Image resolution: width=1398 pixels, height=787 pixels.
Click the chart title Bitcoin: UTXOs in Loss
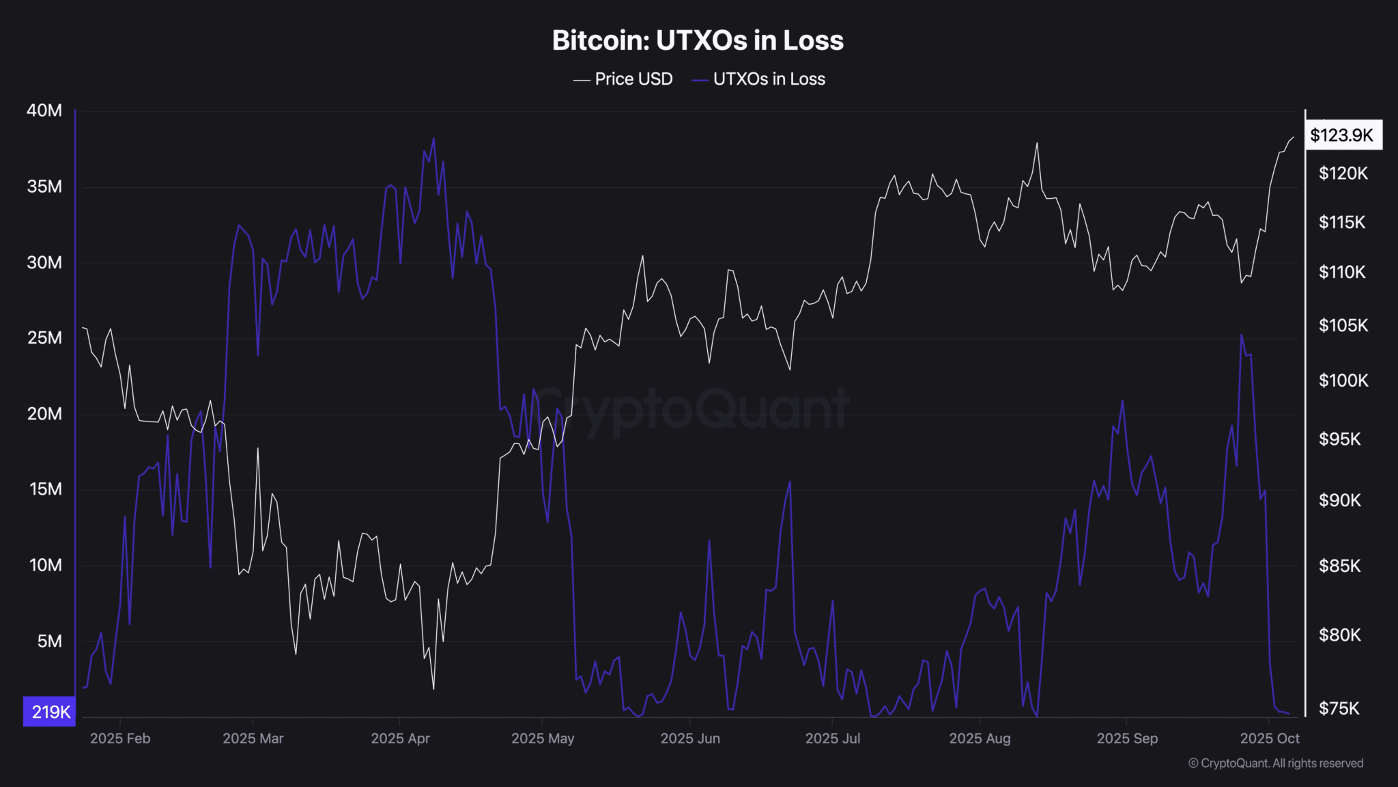(698, 40)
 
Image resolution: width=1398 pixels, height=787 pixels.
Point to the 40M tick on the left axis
(44, 111)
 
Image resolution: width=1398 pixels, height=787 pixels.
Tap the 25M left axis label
(44, 338)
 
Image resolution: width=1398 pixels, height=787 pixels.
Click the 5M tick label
(49, 641)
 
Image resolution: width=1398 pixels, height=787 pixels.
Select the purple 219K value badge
(50, 712)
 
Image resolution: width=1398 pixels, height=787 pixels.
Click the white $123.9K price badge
(1342, 135)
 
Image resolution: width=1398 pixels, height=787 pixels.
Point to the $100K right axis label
(1343, 381)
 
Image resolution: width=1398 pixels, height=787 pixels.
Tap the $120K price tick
(1343, 174)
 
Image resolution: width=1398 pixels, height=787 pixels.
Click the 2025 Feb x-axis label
(120, 738)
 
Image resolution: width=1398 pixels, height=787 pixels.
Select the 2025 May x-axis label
(543, 738)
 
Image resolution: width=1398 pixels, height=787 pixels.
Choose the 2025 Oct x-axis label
(1270, 738)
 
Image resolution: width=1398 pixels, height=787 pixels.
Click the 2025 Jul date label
(832, 738)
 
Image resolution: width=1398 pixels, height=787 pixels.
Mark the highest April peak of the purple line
(433, 139)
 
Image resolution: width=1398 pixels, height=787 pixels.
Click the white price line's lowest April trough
(433, 689)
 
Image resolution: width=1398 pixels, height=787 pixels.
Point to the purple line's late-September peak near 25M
(1241, 335)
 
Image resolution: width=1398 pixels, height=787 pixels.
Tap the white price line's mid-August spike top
(1037, 143)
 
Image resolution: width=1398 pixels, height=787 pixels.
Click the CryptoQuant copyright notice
(1275, 763)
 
